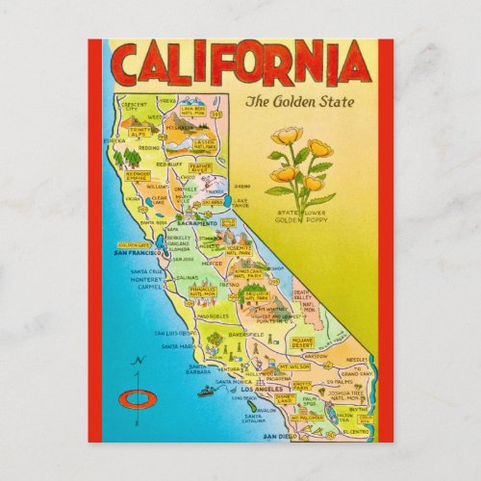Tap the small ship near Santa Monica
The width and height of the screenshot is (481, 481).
205,391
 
